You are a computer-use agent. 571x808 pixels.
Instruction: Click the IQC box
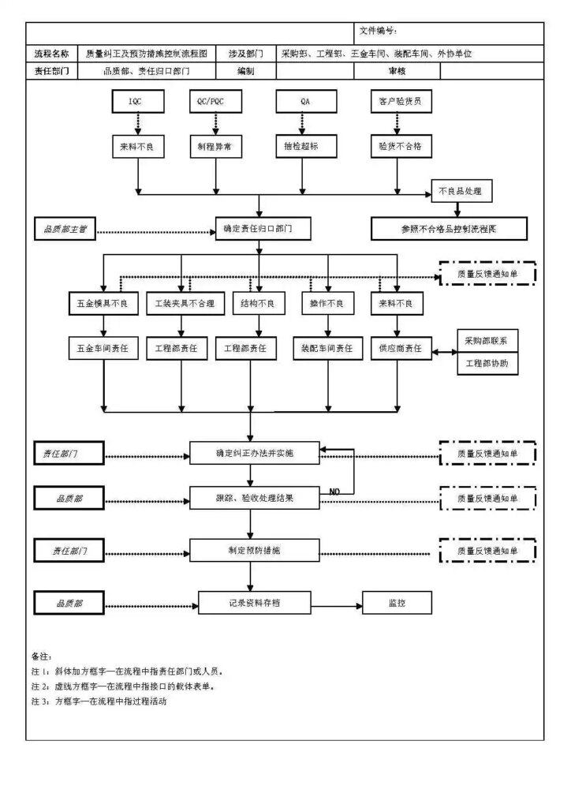[137, 102]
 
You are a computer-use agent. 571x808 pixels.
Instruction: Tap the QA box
[306, 102]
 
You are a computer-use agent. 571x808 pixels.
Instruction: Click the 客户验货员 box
[401, 102]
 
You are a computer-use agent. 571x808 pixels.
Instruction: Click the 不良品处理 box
[461, 192]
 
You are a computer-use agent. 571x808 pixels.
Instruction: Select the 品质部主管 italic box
[66, 230]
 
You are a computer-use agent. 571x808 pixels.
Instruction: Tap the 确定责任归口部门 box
[257, 229]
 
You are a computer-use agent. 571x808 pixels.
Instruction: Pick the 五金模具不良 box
[103, 304]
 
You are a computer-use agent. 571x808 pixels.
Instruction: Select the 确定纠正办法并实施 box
[254, 453]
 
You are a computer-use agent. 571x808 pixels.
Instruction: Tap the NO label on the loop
[334, 492]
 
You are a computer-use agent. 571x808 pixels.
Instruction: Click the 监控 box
[397, 603]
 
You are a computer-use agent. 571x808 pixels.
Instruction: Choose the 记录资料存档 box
[250, 603]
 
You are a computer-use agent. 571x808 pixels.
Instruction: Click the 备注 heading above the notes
[41, 656]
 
